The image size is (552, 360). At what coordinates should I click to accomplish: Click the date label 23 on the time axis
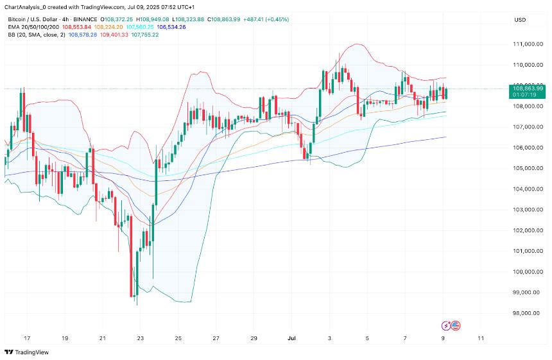tap(141, 338)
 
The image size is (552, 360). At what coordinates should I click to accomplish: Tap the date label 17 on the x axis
tap(27, 338)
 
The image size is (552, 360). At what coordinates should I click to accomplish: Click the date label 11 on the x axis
tap(481, 338)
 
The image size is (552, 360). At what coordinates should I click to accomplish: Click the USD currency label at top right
tap(520, 20)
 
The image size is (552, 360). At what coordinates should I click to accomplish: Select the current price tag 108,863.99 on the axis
tap(528, 87)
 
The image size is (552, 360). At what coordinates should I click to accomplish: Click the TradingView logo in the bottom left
tap(27, 352)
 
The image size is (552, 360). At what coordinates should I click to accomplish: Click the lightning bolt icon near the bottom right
tap(446, 326)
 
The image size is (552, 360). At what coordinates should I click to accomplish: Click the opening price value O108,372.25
tap(119, 20)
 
